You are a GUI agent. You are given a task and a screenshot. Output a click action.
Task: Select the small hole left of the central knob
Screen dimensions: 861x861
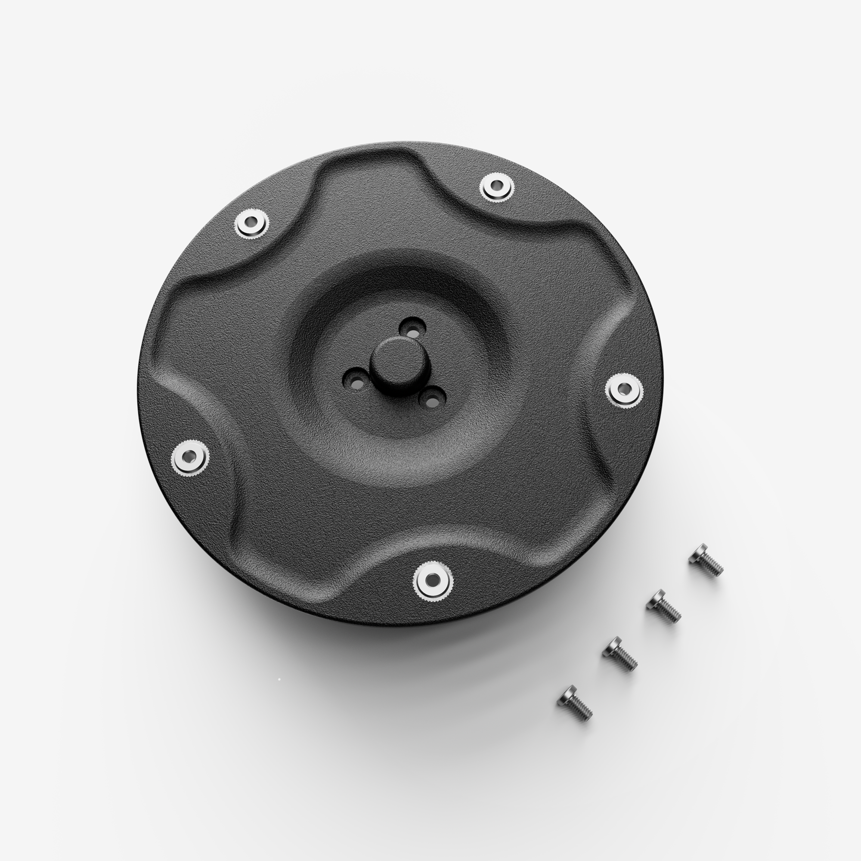point(356,381)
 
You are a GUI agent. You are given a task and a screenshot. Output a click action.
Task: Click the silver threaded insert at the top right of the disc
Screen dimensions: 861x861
point(496,186)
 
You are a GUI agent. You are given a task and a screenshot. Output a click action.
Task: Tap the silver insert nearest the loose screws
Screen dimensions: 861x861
point(624,390)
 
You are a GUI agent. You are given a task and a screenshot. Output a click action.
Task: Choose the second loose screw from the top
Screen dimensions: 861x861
point(663,606)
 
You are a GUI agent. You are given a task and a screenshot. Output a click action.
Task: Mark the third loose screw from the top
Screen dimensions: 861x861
point(619,653)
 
